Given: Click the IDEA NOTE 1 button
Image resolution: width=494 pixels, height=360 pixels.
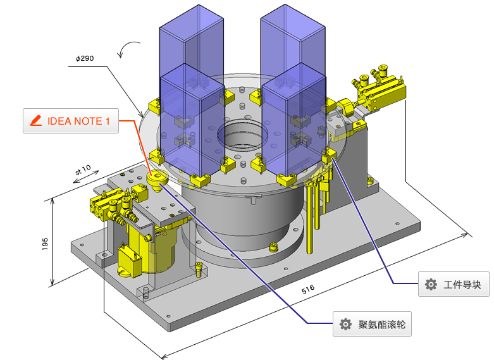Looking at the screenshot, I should point(70,121).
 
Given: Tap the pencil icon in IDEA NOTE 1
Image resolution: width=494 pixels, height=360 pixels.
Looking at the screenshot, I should point(36,121).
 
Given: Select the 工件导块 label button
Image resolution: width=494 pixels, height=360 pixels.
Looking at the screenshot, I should point(454,285).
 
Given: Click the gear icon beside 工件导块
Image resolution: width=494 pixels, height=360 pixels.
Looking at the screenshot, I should point(431,285).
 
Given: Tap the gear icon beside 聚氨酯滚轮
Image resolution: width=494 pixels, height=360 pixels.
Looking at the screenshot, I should point(345,325).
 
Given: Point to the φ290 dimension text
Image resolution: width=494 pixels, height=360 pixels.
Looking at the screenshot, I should point(85,58).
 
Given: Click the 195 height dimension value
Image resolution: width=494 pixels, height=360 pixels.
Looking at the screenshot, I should point(45,244).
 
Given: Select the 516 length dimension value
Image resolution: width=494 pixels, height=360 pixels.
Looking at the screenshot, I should point(308,290).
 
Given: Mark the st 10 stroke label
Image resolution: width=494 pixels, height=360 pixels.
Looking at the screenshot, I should point(83,170).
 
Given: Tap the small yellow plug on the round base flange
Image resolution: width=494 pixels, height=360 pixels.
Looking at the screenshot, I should point(273,247).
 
